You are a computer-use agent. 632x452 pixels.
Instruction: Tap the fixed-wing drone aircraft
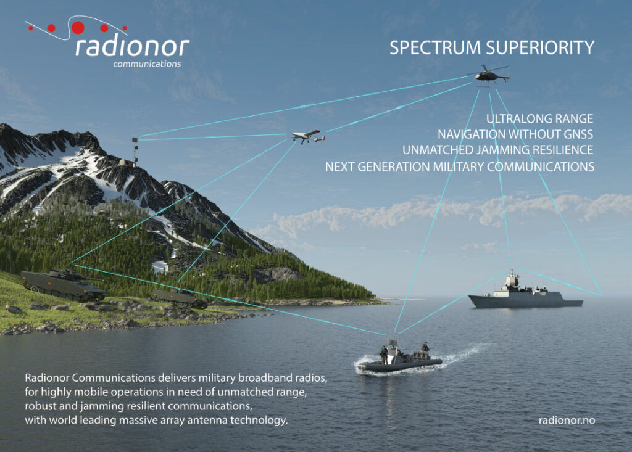tap(309, 136)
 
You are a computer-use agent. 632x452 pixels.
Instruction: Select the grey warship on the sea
tap(525, 292)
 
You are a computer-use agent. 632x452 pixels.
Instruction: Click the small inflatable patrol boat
tap(400, 358)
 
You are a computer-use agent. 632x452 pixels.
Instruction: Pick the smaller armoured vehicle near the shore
tap(180, 298)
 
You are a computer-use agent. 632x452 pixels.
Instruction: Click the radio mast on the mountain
tap(135, 151)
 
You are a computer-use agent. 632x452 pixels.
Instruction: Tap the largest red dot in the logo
tap(78, 27)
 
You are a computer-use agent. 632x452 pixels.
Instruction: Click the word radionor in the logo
tap(132, 46)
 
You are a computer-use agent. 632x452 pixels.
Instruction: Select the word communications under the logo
tap(147, 64)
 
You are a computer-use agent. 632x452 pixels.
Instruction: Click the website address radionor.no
tap(567, 420)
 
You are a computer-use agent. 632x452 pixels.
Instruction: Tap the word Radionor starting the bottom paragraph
tap(47, 378)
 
